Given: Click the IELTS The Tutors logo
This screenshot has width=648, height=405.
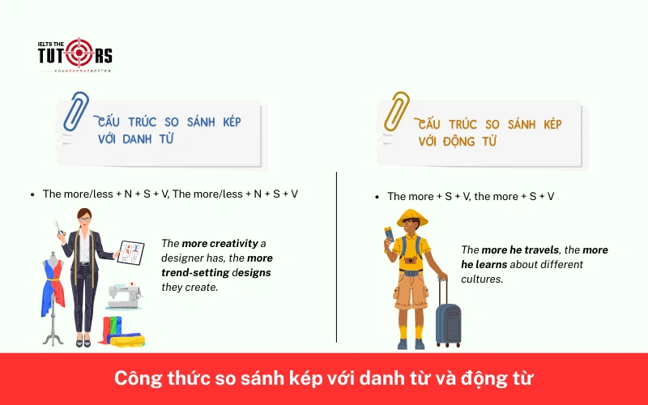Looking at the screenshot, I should (75, 54).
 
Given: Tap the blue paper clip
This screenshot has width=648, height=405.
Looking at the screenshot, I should (79, 113).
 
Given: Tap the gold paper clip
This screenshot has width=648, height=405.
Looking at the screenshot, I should (398, 112).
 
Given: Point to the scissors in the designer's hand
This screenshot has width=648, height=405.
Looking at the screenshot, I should (58, 228).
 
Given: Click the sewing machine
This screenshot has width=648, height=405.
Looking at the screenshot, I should (122, 296).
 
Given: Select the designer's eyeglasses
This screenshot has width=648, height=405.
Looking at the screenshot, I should (85, 218).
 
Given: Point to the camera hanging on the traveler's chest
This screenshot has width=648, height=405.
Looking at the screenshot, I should (411, 261).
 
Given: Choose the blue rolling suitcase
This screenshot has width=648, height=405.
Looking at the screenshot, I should (447, 319).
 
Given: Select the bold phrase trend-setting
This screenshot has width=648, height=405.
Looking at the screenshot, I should (194, 272).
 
